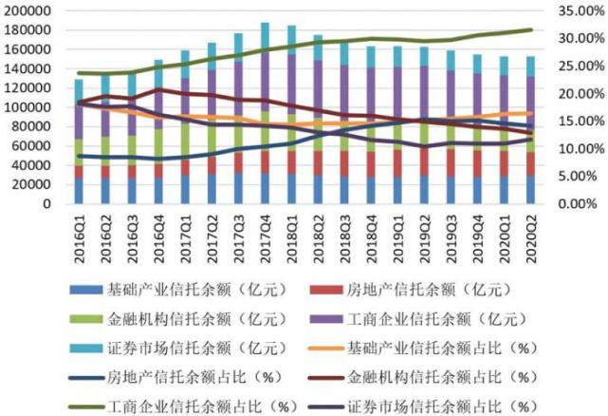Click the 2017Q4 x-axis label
point(266,237)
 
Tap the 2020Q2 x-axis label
point(531,237)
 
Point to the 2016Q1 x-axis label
point(79,237)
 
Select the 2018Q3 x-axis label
point(344,237)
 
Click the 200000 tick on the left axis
point(27,10)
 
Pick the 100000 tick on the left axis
point(27,107)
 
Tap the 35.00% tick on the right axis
point(580,10)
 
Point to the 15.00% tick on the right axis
point(580,122)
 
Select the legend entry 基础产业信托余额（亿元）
point(178,290)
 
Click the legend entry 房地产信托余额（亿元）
point(411,290)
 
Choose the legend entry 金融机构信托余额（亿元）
point(178,319)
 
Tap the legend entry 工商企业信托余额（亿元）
point(419,319)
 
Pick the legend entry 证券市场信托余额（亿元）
point(178,348)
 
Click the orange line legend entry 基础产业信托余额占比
point(423,348)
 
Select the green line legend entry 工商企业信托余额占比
point(183,407)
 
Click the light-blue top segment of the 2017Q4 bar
point(266,37)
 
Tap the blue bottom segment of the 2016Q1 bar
point(79,191)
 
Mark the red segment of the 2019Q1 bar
point(397,164)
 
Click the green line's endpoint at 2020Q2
point(531,29)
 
